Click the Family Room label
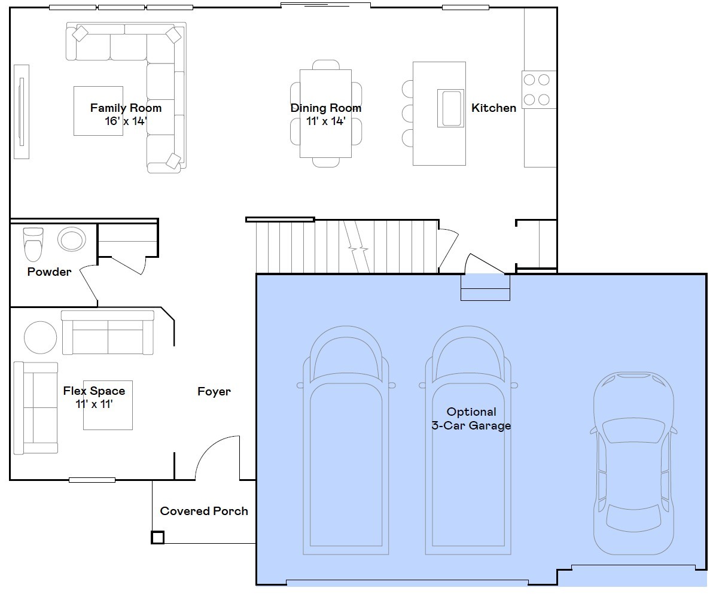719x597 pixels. point(126,108)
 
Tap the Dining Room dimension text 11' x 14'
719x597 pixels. point(326,121)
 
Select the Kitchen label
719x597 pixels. point(493,108)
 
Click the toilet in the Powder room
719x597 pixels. point(33,243)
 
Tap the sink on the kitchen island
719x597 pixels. point(450,108)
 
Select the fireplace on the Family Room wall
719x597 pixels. point(22,111)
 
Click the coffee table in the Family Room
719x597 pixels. point(98,111)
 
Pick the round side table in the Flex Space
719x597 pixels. point(41,337)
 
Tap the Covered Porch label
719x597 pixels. point(204,511)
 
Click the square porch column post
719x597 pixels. point(157,537)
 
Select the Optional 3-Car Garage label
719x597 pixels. point(471,419)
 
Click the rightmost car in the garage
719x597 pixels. point(633,464)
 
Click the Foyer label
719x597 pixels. point(214,392)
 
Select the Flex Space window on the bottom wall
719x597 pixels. point(92,480)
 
